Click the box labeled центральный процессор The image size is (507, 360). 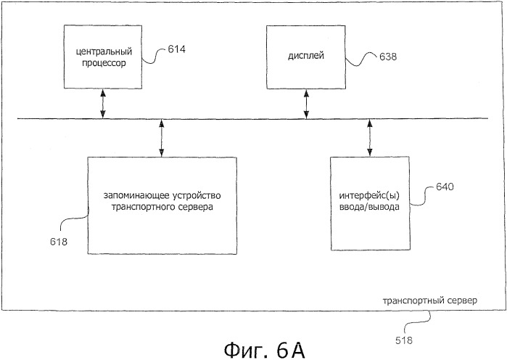(103, 57)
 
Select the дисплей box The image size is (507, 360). (306, 57)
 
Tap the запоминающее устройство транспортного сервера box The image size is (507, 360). (162, 205)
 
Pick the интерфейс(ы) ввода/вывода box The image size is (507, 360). (370, 203)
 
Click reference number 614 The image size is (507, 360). (176, 49)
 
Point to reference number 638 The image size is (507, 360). (388, 57)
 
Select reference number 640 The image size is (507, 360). (445, 187)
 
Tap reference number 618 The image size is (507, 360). (59, 242)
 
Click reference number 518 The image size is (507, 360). (404, 340)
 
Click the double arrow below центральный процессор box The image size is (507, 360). (103, 104)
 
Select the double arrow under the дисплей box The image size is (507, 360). (306, 104)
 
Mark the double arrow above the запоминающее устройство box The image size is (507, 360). (162, 138)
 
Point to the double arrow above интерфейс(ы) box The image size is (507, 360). (370, 138)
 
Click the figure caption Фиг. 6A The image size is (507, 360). (264, 351)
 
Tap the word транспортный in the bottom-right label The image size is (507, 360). (408, 300)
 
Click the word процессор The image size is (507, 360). (104, 62)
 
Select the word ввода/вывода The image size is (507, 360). (369, 207)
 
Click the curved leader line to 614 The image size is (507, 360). (154, 56)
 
